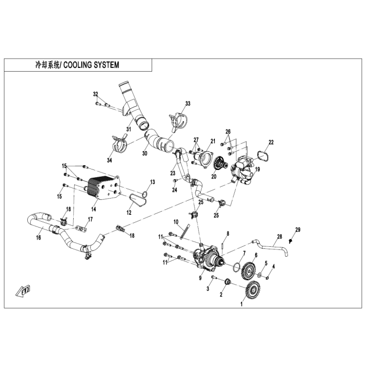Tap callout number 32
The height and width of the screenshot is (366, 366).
pos(96,94)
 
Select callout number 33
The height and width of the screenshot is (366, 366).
pos(188,104)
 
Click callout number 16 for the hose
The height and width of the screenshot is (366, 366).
pos(39,238)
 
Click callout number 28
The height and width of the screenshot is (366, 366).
pos(280,236)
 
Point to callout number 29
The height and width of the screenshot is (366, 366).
pos(298,230)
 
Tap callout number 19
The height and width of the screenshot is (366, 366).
pos(257,170)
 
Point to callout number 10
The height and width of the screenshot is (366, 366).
pos(176,222)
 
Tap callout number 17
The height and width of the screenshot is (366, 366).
pos(90,220)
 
